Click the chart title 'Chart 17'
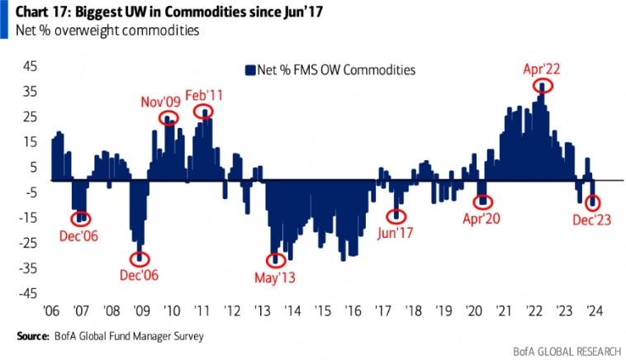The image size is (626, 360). [x=42, y=12]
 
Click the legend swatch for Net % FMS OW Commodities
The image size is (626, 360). [x=249, y=70]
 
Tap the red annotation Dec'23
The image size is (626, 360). [x=592, y=220]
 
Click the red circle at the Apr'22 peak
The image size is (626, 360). [x=543, y=86]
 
